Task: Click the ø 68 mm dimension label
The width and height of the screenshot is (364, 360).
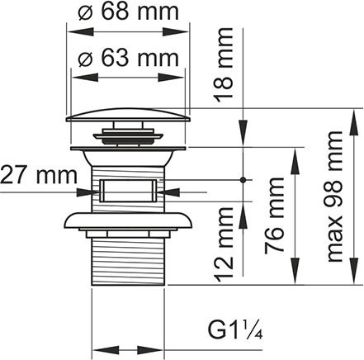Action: point(128,12)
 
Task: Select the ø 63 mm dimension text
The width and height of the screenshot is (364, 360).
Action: point(128,58)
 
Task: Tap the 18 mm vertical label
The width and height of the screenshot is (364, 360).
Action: point(224,65)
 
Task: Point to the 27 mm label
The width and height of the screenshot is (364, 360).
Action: point(39,175)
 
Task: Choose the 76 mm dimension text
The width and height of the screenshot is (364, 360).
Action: point(274,216)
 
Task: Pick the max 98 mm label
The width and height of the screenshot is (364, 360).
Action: point(335,197)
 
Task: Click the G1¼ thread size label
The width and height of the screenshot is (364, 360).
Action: point(235,329)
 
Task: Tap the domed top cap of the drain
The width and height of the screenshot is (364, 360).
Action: point(128,115)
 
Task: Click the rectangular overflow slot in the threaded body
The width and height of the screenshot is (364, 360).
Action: point(128,191)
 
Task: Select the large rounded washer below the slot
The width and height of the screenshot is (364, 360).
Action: point(128,220)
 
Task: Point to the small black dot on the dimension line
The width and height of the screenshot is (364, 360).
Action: point(243,180)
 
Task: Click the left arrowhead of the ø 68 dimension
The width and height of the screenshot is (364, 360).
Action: point(80,32)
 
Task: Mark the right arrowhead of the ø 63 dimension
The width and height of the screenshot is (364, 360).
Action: point(171,78)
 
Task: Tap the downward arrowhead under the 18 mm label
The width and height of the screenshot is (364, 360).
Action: point(243,133)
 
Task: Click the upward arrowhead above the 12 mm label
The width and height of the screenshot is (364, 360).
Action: point(243,215)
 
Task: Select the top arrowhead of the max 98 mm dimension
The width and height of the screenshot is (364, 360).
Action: point(353,121)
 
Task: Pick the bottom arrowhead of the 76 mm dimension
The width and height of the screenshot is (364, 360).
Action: point(295,271)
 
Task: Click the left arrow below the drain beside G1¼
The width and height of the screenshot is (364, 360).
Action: point(106,350)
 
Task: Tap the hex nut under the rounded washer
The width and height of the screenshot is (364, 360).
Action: point(128,234)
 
